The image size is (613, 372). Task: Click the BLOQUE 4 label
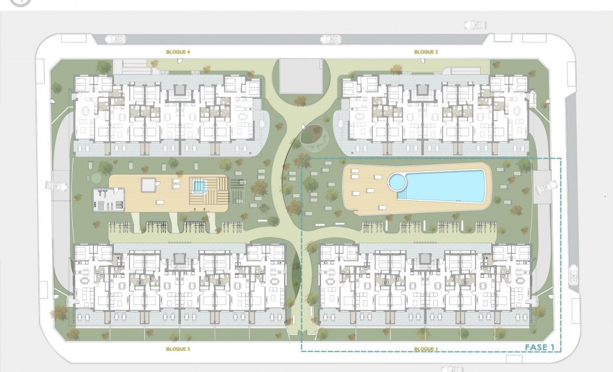click(178, 52)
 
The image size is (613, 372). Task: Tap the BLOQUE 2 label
click(426, 52)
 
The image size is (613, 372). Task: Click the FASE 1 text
click(540, 347)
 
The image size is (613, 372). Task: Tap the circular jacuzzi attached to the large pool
click(396, 183)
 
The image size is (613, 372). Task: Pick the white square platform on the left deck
click(148, 184)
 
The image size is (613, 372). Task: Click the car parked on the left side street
click(54, 187)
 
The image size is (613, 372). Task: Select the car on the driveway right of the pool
click(546, 187)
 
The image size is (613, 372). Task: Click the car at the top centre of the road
click(330, 39)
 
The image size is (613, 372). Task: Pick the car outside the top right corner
click(475, 25)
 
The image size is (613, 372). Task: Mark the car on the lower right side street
click(573, 278)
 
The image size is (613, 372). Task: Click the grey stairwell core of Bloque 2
click(423, 90)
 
